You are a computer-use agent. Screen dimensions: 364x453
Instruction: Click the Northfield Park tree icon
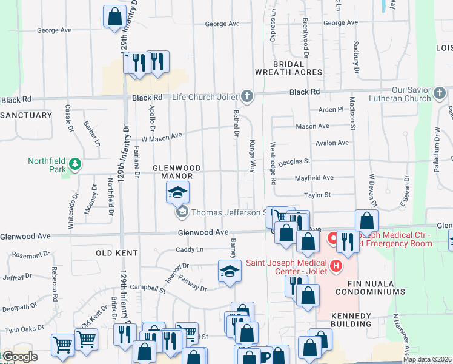(x=74, y=164)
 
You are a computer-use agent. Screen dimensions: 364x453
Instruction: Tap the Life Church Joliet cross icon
(x=246, y=96)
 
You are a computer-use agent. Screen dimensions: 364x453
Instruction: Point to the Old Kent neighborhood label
(x=114, y=252)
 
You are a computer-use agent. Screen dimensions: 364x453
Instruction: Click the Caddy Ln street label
(x=190, y=249)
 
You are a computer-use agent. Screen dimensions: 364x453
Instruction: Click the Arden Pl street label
(x=331, y=109)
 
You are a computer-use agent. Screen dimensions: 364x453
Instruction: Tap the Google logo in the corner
(x=20, y=357)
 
